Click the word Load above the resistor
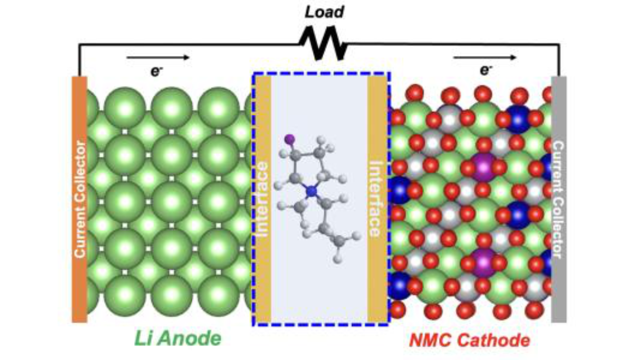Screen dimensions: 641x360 pyautogui.click(x=324, y=12)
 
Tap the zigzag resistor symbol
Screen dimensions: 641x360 pyautogui.click(x=323, y=43)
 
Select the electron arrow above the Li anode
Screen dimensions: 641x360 pyautogui.click(x=158, y=58)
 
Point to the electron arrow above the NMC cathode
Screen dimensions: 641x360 pyautogui.click(x=485, y=58)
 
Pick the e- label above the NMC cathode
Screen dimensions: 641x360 pyautogui.click(x=486, y=70)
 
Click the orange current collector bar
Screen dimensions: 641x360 pyautogui.click(x=80, y=199)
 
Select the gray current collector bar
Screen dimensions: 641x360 pyautogui.click(x=559, y=199)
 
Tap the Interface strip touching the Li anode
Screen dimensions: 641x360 pyautogui.click(x=263, y=199)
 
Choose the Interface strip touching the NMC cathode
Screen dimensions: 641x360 pyautogui.click(x=377, y=199)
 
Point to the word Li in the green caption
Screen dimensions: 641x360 pyautogui.click(x=143, y=339)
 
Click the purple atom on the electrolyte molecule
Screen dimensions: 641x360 pyautogui.click(x=290, y=139)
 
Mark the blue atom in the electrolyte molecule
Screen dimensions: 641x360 pyautogui.click(x=311, y=191)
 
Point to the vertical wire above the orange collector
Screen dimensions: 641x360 pyautogui.click(x=79, y=60)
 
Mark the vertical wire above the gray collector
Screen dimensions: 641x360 pyautogui.click(x=559, y=60)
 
